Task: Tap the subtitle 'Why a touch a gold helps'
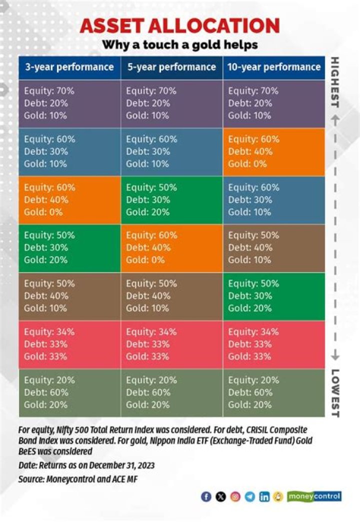180,44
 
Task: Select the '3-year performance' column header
69,67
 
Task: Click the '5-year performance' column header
171,67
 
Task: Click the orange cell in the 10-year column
274,151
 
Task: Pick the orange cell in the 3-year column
69,200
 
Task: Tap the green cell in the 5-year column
171,200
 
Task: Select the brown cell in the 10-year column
274,248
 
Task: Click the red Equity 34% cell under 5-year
171,344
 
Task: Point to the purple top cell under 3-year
69,103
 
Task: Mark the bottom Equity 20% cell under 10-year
274,392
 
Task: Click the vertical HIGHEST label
335,82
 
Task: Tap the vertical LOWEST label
335,393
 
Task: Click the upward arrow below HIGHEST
335,120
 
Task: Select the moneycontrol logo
314,496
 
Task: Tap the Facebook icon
206,497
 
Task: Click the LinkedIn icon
264,497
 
